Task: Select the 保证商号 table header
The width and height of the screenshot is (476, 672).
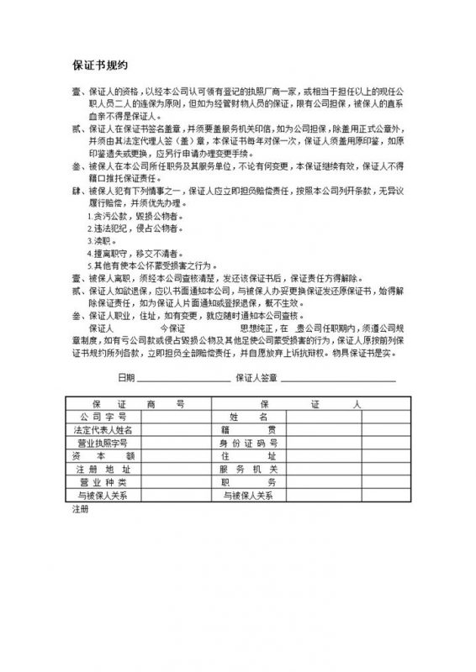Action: pyautogui.click(x=130, y=403)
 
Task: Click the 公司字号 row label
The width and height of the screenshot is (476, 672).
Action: pyautogui.click(x=102, y=416)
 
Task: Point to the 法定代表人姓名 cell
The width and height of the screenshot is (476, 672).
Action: pyautogui.click(x=102, y=429)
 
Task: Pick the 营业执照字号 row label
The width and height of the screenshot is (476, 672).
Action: pyautogui.click(x=102, y=442)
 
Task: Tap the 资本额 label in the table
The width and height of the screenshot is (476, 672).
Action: pyautogui.click(x=102, y=455)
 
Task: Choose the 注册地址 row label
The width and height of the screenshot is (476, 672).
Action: pyautogui.click(x=102, y=469)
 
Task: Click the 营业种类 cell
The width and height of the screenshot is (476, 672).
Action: pyautogui.click(x=102, y=482)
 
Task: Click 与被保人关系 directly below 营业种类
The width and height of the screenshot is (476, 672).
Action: pyautogui.click(x=102, y=496)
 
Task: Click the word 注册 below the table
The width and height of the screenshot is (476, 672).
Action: pyautogui.click(x=80, y=508)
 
